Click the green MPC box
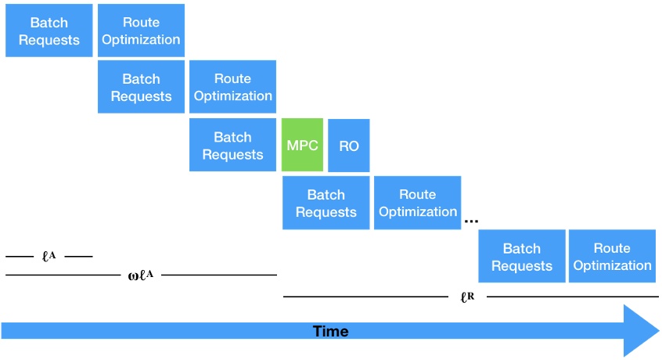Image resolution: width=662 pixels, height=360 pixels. tap(302, 146)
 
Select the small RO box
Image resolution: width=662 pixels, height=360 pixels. tap(349, 146)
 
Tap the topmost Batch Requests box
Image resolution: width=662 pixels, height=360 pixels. tap(49, 31)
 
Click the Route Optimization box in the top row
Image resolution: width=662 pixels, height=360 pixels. tap(141, 31)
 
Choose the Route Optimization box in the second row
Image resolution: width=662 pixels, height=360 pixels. tap(232, 88)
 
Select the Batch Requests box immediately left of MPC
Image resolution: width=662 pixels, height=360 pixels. tap(232, 146)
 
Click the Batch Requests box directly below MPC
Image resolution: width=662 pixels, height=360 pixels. tap(326, 203)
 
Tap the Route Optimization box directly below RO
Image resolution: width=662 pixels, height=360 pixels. tap(417, 203)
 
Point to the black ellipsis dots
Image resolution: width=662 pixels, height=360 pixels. tap(471, 222)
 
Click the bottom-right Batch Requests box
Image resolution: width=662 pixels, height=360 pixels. tap(521, 257)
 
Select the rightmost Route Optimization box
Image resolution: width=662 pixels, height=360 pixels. tap(612, 257)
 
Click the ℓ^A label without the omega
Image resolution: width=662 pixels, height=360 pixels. tap(49, 256)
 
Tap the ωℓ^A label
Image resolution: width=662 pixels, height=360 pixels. tap(139, 275)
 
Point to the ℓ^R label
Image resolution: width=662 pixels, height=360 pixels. tap(468, 297)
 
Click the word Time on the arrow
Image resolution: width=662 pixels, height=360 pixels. tap(330, 331)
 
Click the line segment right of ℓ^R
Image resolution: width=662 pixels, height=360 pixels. tap(571, 297)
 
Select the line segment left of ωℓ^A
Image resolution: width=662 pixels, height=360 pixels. tap(63, 275)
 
